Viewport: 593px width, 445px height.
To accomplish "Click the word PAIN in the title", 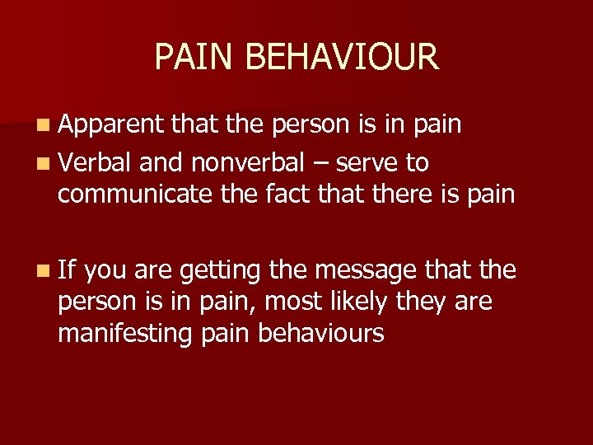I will pyautogui.click(x=190, y=58).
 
